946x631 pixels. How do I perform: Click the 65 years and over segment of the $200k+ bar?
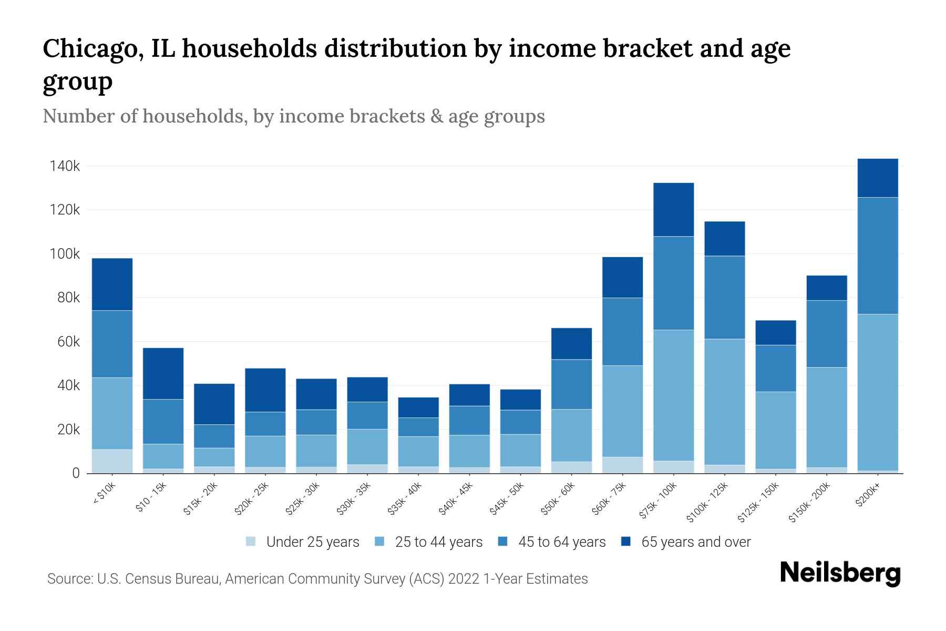tap(877, 178)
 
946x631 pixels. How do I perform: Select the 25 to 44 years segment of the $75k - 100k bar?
tap(673, 395)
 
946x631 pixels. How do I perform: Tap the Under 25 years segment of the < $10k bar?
tap(112, 461)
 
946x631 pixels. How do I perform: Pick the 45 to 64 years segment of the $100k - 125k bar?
tap(724, 297)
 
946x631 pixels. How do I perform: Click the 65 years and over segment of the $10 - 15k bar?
tap(163, 373)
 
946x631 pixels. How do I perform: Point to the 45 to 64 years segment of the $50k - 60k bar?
tap(571, 384)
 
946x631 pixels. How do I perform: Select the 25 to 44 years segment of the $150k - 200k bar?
tap(826, 417)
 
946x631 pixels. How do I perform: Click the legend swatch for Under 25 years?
tap(251, 542)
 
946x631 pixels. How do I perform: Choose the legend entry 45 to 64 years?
tap(561, 542)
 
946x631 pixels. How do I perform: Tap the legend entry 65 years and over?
tap(695, 542)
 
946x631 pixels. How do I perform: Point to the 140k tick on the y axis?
tap(65, 166)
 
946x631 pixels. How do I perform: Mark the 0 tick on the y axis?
tap(76, 473)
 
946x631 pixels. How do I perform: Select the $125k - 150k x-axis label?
tap(759, 504)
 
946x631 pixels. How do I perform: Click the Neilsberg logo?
tap(840, 573)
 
